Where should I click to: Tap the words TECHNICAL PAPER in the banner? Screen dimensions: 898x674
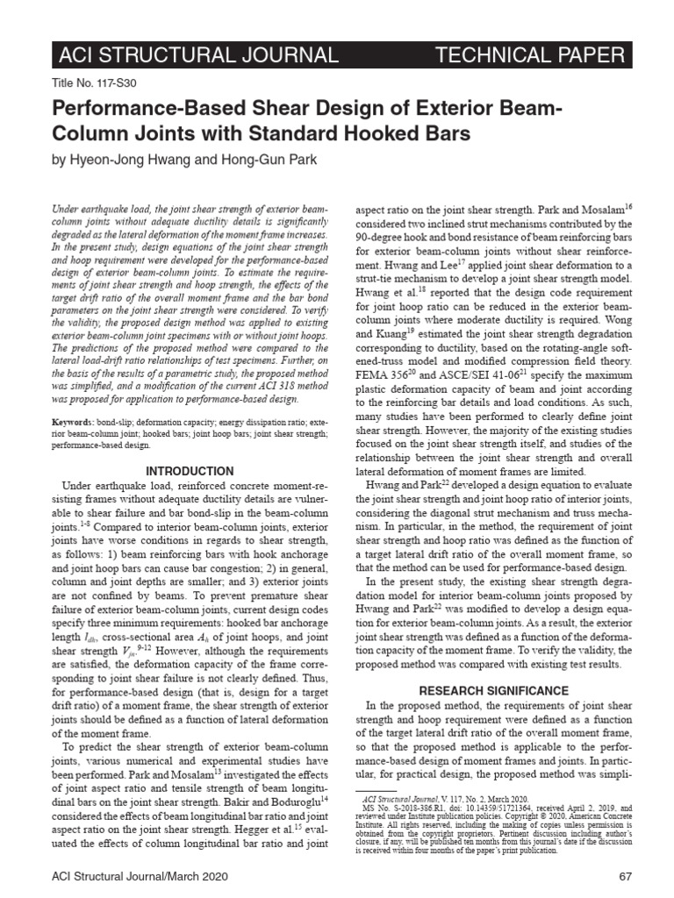530,56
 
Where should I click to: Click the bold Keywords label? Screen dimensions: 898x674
76,424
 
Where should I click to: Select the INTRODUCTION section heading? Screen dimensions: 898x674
189,471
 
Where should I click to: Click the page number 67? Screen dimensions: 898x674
625,876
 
